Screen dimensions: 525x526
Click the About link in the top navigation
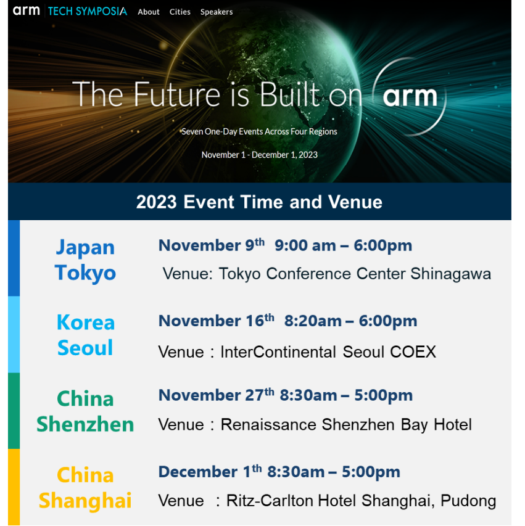(148, 12)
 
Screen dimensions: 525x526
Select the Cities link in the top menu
(180, 12)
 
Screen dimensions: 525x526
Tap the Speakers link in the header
(217, 12)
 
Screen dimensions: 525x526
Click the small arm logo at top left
(26, 10)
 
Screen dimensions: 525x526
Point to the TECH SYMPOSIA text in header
(88, 11)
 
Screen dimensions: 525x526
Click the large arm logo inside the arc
(410, 97)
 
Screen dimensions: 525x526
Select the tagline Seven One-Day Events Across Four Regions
(259, 131)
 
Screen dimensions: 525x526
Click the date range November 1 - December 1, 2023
(260, 155)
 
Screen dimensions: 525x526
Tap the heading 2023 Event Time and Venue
(259, 202)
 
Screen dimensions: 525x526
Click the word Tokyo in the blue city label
(85, 273)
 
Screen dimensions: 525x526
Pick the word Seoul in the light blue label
(85, 348)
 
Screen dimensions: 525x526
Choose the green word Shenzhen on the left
(85, 424)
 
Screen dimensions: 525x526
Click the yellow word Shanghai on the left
(85, 501)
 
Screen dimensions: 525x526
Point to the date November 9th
(212, 245)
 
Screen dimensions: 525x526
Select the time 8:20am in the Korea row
(313, 321)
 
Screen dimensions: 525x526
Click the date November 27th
(216, 395)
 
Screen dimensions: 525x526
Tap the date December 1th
(210, 471)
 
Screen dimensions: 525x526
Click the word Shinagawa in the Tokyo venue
(451, 274)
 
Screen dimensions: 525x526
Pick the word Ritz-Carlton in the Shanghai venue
(270, 501)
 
